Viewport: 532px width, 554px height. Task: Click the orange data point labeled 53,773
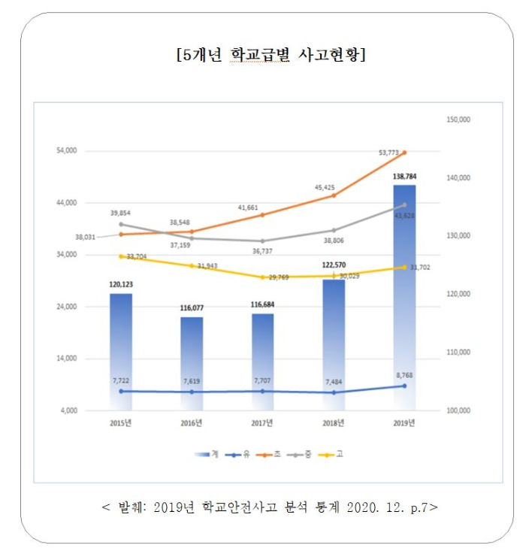[404, 153]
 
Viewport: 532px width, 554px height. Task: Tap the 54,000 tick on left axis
[67, 151]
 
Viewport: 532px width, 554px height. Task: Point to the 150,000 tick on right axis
[460, 120]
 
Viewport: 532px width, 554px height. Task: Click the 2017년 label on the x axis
[262, 423]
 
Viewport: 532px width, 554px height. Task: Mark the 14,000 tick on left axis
[67, 359]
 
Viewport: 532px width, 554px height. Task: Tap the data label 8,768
[404, 374]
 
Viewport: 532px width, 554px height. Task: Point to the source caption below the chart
[268, 506]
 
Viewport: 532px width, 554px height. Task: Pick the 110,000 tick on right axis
[460, 353]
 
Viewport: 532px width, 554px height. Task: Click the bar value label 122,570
[333, 265]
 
